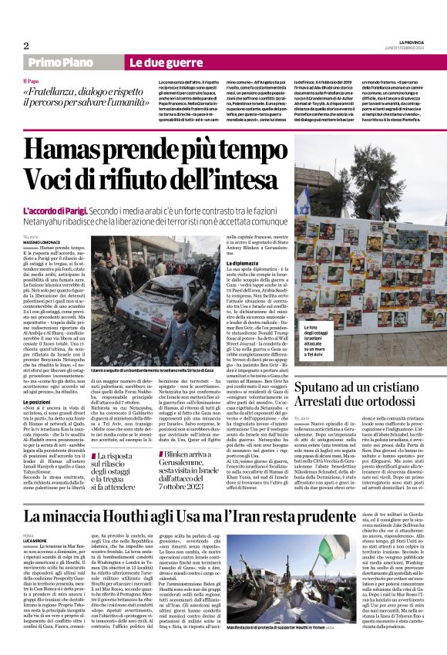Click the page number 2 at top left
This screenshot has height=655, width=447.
[25, 45]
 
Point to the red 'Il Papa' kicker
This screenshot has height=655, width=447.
[30, 81]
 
